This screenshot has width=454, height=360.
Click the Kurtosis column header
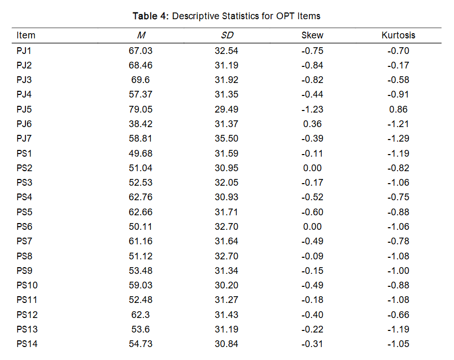click(398, 35)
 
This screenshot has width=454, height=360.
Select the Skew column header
click(312, 35)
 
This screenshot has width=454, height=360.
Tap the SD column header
click(226, 35)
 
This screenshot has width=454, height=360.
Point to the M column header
click(140, 35)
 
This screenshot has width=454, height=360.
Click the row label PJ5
click(24, 109)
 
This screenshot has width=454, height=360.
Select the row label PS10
click(26, 285)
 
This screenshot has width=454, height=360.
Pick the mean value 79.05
click(140, 109)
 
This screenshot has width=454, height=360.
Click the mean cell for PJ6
click(140, 124)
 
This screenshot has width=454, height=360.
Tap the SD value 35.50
click(226, 139)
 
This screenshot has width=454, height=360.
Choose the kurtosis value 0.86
click(398, 109)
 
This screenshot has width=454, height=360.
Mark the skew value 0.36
click(312, 124)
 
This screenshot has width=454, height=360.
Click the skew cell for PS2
click(312, 168)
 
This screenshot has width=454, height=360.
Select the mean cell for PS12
click(140, 315)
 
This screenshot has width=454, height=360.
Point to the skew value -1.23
click(312, 109)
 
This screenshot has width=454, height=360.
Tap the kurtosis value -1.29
click(398, 139)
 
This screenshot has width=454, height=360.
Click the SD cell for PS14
click(226, 344)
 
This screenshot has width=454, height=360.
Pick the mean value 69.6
click(140, 80)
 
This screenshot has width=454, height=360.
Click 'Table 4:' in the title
click(150, 16)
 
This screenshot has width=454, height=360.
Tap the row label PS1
click(24, 154)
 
